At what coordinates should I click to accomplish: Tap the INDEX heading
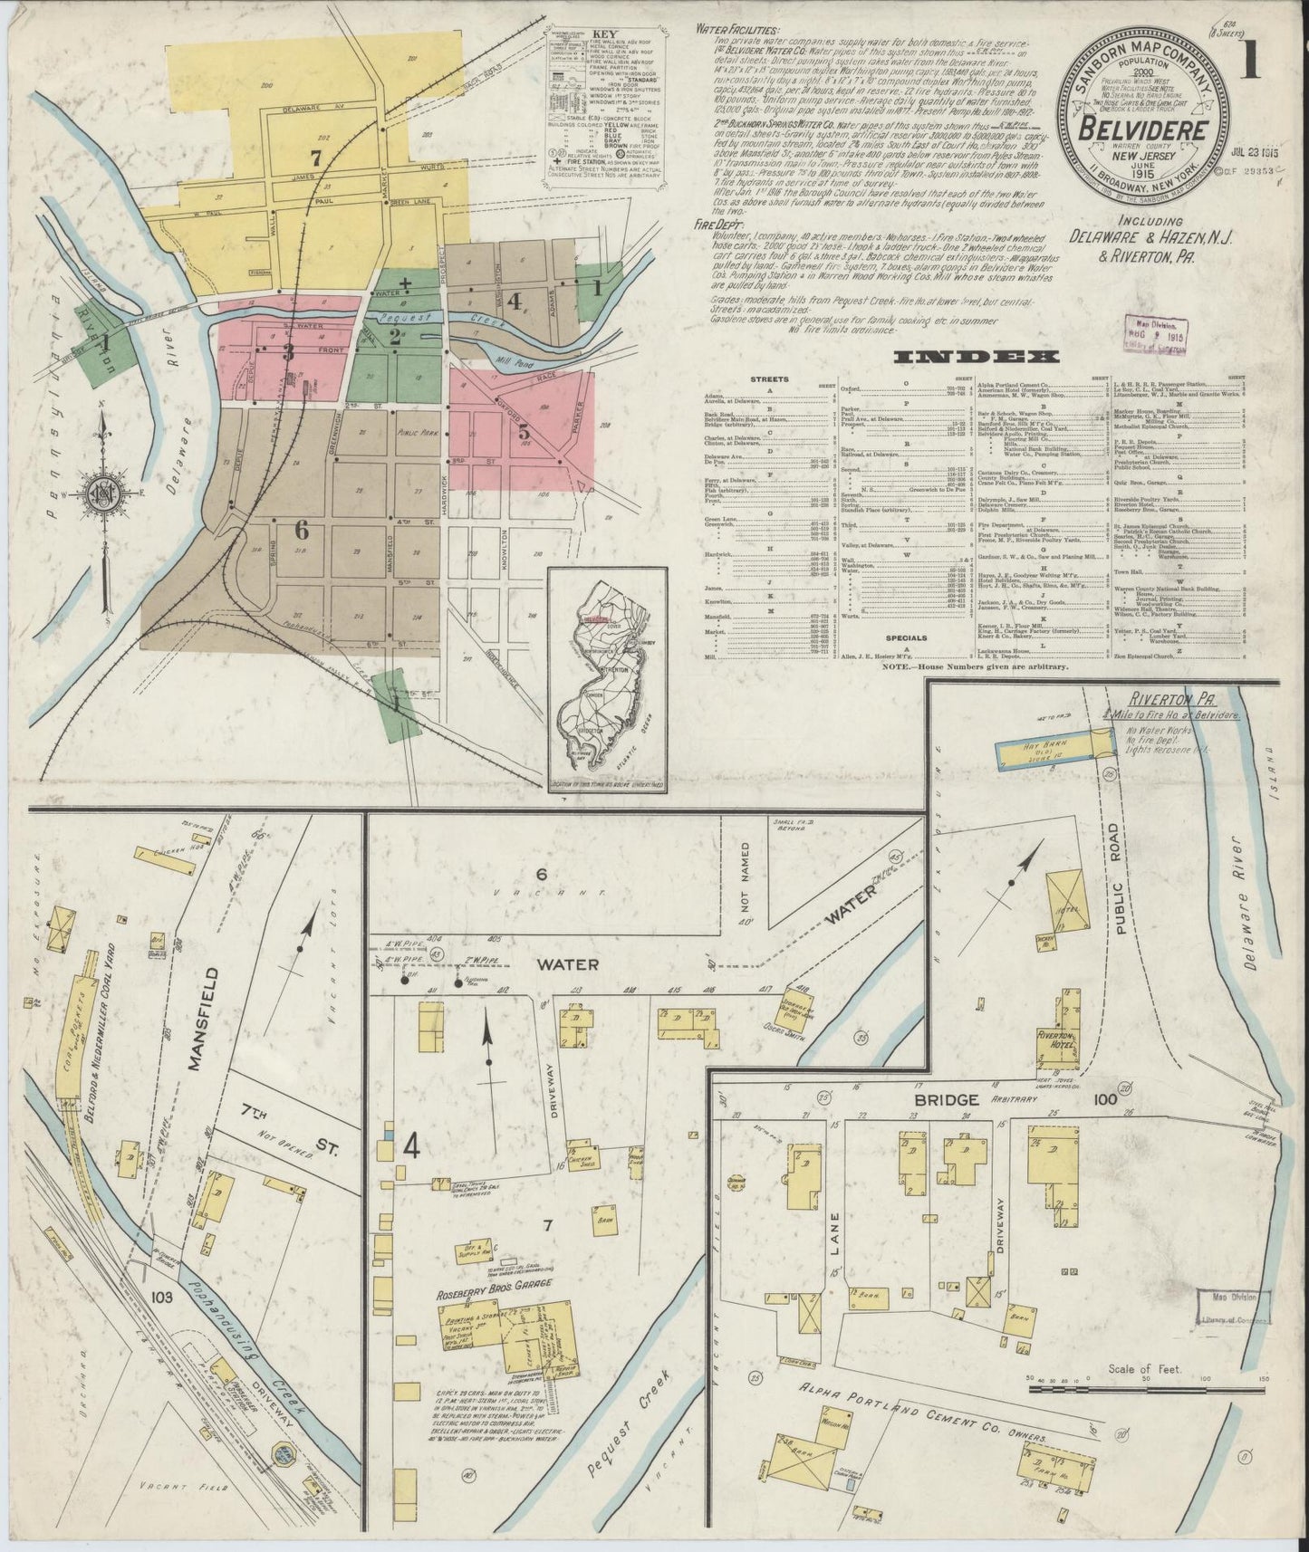pyautogui.click(x=976, y=357)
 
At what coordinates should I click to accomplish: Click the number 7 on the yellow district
pyautogui.click(x=315, y=157)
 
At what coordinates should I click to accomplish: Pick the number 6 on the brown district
pyautogui.click(x=301, y=531)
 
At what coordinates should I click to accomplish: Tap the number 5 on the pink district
pyautogui.click(x=524, y=432)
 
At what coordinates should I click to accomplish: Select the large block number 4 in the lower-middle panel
pyautogui.click(x=410, y=1149)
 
